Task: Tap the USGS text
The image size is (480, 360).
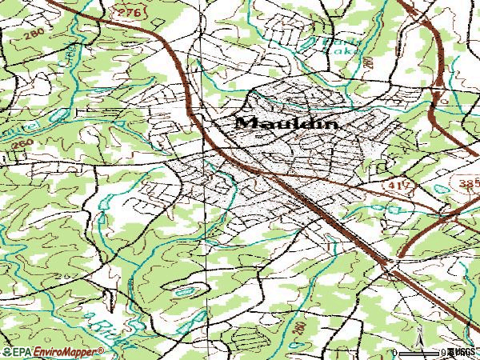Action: pyautogui.click(x=462, y=352)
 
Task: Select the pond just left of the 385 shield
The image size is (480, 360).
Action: pyautogui.click(x=438, y=189)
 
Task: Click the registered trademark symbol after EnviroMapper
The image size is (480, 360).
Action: pyautogui.click(x=102, y=350)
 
